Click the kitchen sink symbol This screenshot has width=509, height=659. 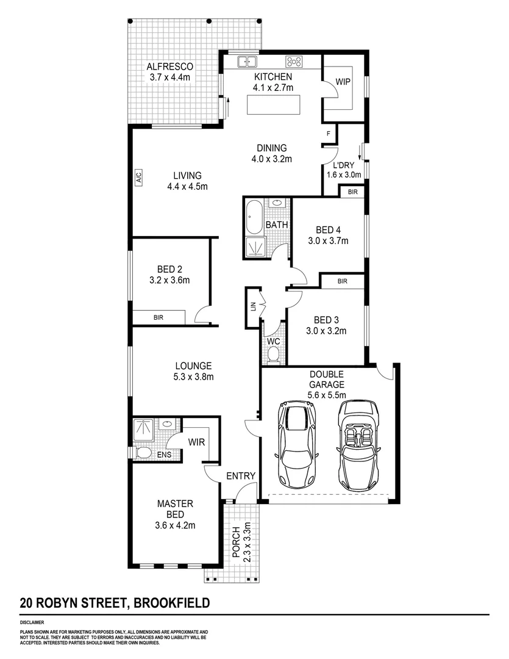tap(247, 61)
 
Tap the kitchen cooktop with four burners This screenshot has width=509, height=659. tap(294, 61)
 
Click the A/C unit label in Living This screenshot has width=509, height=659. tap(138, 178)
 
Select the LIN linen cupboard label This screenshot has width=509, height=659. tap(252, 306)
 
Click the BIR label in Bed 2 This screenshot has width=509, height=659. tap(158, 317)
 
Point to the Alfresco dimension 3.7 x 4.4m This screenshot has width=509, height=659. tap(170, 77)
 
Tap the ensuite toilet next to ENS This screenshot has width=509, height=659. tap(143, 452)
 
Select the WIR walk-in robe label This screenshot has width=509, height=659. tap(196, 441)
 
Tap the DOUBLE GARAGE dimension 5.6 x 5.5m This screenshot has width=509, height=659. tap(327, 395)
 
